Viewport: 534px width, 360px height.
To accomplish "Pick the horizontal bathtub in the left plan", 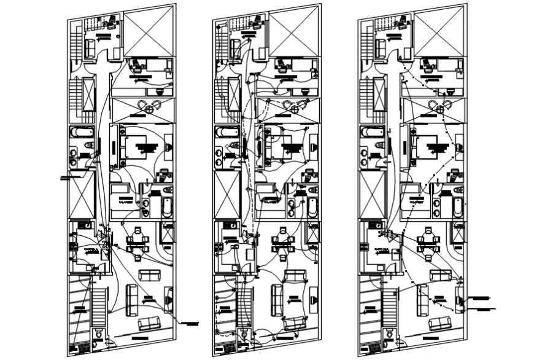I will [x=82, y=132].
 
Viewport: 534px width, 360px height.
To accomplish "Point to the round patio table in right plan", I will [x=440, y=109].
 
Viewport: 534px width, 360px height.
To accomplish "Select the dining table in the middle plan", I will [x=282, y=241].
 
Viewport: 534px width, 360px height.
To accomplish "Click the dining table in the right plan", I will [x=427, y=241].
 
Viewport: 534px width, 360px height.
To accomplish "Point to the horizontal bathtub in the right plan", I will [x=372, y=132].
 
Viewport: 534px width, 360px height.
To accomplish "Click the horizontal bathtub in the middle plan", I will [x=227, y=132].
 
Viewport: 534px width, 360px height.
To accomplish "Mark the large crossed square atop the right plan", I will [x=439, y=32].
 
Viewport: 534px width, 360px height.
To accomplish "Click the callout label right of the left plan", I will [x=190, y=323].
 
